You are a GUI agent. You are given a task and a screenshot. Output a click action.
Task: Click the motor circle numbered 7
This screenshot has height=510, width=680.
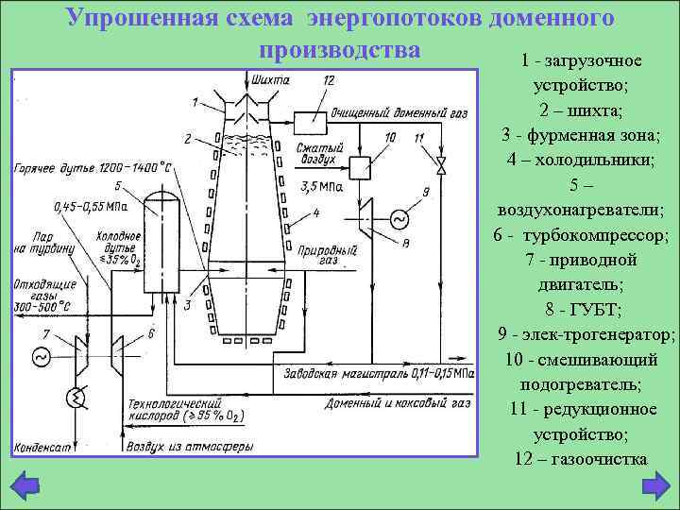42,357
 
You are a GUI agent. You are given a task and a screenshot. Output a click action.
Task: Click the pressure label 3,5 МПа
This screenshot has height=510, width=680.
322,188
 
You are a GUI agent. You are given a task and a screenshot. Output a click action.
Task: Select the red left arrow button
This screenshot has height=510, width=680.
27,485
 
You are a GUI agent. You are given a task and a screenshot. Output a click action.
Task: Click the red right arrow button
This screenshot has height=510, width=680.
653,485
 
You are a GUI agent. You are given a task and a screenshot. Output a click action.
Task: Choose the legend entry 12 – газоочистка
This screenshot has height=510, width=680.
581,459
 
